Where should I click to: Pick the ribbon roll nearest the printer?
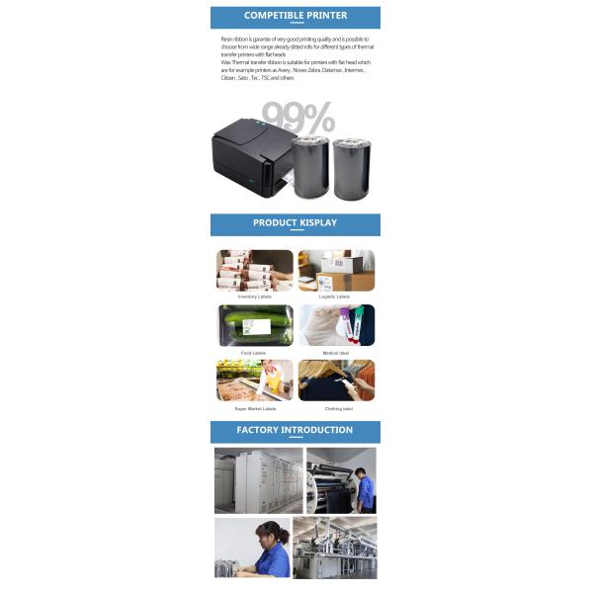[309, 168]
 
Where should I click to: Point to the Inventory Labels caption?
[254, 296]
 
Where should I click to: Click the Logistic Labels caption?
[335, 296]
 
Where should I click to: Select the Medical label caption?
[335, 353]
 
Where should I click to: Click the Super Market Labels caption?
[254, 408]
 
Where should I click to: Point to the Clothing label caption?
[335, 408]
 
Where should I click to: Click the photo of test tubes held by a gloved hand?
[336, 325]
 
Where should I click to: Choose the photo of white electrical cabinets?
[258, 480]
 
